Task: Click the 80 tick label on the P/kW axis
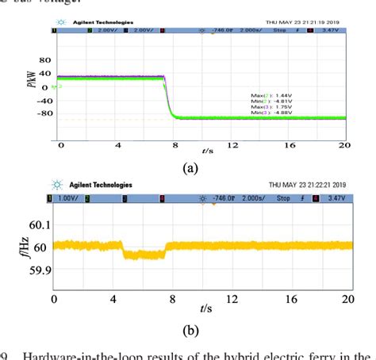(44, 60)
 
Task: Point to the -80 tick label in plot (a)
(42, 113)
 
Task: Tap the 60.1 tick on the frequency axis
(39, 226)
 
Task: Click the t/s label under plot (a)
(207, 149)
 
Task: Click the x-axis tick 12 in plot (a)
(233, 146)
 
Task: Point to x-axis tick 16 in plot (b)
(289, 299)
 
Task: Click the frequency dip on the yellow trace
(144, 255)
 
